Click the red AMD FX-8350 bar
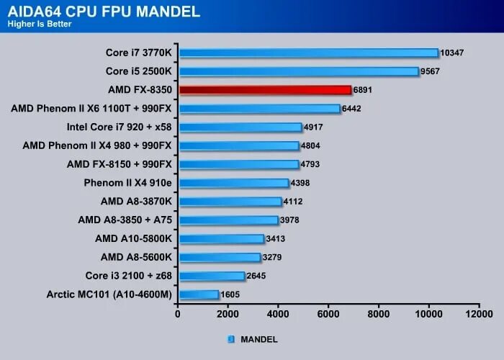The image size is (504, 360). tap(265, 90)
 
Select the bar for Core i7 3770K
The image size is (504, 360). tap(309, 53)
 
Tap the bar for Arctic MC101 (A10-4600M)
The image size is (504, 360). tap(199, 294)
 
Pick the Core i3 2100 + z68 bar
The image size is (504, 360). tap(212, 276)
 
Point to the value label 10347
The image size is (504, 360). tap(454, 53)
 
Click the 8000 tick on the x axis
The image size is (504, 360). tap(379, 315)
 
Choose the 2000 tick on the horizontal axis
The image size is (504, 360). tap(228, 315)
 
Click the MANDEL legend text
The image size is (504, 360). tap(258, 338)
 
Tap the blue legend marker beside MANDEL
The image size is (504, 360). tap(231, 338)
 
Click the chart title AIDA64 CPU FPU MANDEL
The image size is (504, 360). tap(104, 11)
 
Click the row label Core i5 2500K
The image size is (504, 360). tap(138, 71)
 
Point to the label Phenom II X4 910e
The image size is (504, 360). tap(127, 183)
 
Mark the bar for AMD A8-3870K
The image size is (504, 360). tap(230, 202)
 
